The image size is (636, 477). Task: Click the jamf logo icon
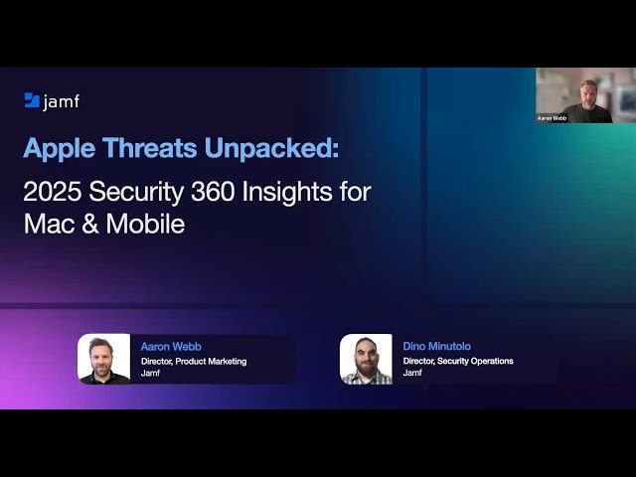click(32, 100)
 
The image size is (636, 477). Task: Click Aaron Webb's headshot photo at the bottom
click(103, 359)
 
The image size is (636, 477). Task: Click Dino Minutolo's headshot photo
click(366, 359)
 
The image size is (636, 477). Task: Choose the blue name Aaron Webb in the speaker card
click(171, 346)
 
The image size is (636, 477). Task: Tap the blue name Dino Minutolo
click(437, 346)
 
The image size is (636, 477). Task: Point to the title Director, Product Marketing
click(194, 361)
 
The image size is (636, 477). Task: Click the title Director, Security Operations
click(458, 361)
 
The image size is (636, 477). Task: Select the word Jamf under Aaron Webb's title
click(150, 374)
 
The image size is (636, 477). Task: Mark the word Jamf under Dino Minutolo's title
click(412, 374)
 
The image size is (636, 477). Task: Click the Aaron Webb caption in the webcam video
click(553, 117)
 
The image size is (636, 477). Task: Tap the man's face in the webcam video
click(588, 89)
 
